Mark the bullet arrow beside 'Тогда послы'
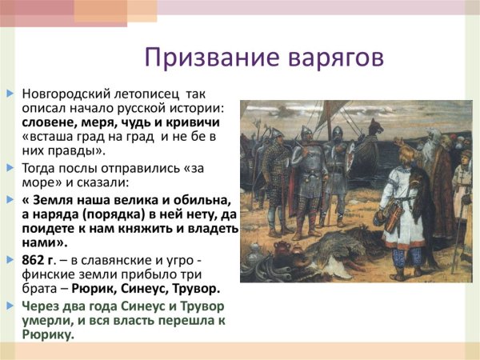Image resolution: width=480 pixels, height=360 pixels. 10,168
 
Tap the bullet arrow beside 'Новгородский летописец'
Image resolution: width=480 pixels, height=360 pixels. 10,94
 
